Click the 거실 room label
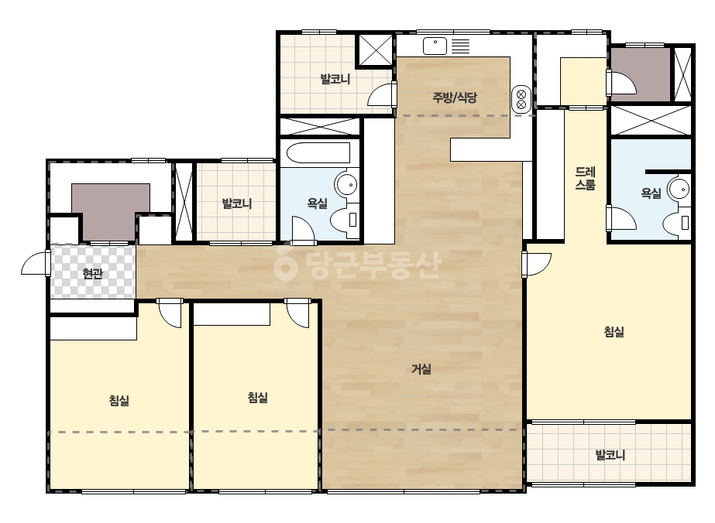click(x=421, y=368)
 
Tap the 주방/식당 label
click(x=455, y=97)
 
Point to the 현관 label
click(x=92, y=273)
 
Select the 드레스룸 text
click(x=585, y=178)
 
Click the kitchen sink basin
click(x=435, y=46)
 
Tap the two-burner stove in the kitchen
click(x=521, y=99)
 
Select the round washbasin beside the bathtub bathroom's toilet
click(x=346, y=184)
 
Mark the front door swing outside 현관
click(x=34, y=265)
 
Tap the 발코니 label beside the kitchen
click(x=335, y=79)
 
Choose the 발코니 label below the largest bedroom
click(x=610, y=455)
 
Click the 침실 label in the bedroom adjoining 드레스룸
click(x=614, y=332)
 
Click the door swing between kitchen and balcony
click(x=380, y=94)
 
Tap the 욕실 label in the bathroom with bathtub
click(x=318, y=203)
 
